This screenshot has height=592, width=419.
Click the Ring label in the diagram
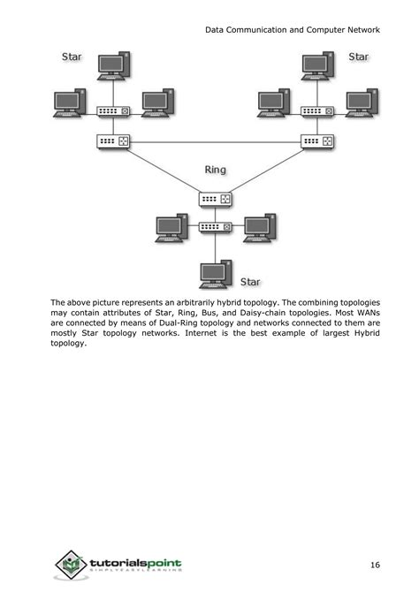click(217, 169)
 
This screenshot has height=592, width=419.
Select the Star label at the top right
click(358, 57)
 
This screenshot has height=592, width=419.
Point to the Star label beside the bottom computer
click(251, 282)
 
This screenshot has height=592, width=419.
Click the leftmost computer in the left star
click(70, 102)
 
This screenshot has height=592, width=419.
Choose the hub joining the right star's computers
click(316, 111)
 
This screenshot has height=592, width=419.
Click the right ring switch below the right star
click(316, 140)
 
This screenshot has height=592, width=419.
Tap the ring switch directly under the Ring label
click(214, 200)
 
